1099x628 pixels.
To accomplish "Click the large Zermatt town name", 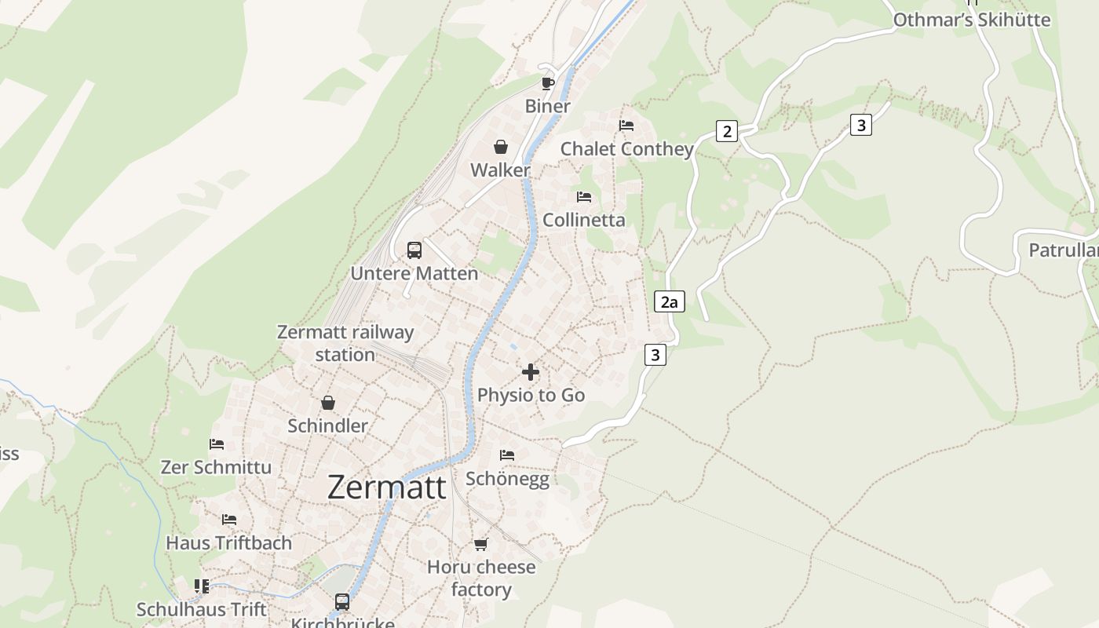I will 386,487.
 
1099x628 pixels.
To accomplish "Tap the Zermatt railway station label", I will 345,343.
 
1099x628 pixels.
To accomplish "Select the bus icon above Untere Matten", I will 414,250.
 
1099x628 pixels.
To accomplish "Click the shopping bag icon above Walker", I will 500,147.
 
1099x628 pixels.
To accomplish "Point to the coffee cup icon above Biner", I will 548,83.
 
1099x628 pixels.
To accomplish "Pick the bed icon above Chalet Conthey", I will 626,126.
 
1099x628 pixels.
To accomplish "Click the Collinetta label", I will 584,220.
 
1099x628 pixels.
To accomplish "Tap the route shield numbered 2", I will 727,131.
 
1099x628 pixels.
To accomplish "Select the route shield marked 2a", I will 669,301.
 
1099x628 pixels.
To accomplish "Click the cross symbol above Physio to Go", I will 531,372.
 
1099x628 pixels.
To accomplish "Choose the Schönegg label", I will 507,478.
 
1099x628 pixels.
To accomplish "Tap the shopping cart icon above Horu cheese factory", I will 480,544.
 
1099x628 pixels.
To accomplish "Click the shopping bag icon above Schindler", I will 327,403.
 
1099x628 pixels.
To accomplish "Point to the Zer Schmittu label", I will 216,467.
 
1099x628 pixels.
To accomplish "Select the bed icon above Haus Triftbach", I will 228,520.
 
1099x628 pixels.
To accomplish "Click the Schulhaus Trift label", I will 202,609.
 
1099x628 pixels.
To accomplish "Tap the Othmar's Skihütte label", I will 972,20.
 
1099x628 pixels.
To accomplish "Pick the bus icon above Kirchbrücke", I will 342,602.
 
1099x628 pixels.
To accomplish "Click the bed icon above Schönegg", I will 507,455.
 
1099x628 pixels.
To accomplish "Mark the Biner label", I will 547,106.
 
